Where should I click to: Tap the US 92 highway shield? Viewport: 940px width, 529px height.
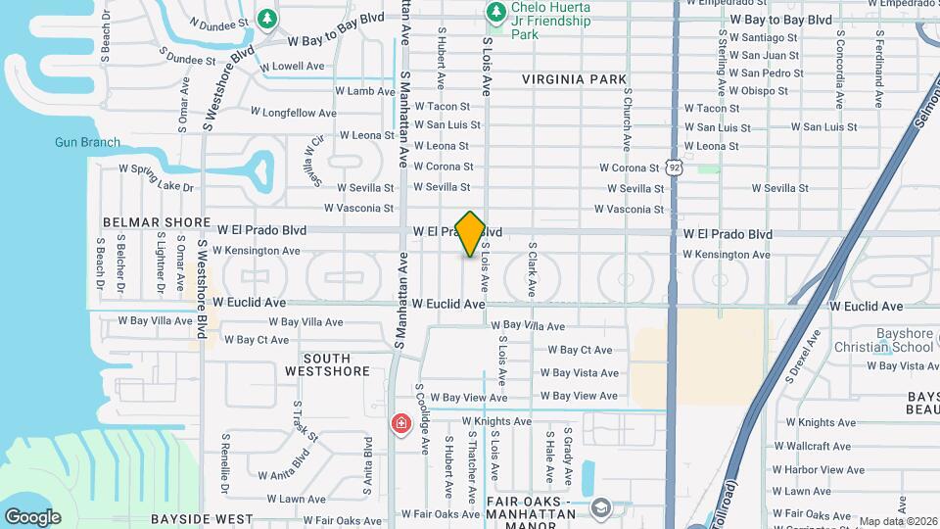pos(675,168)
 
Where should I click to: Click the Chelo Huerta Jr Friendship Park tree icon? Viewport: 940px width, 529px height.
pos(496,12)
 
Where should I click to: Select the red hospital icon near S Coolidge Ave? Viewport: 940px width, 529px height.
pos(400,423)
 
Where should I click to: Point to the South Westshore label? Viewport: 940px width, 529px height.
pos(327,364)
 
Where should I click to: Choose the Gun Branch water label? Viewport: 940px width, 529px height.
pos(87,143)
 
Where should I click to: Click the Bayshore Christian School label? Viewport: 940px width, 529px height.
pos(883,340)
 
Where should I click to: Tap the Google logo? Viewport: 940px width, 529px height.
pos(32,516)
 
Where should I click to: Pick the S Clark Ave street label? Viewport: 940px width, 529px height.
pos(532,269)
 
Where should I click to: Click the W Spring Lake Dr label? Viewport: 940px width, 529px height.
pos(157,177)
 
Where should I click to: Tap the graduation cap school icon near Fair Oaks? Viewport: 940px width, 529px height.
pos(599,507)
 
